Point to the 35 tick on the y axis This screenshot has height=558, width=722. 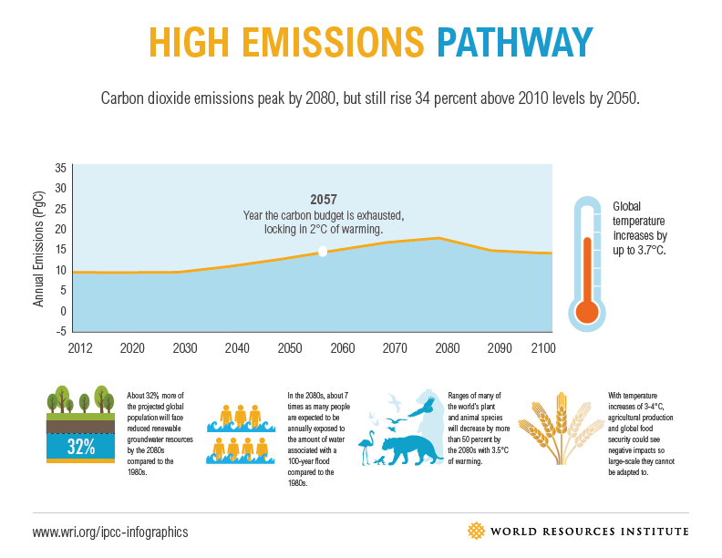pos(60,168)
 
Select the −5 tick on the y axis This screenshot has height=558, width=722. pos(60,331)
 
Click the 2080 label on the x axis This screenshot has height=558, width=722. pos(448,348)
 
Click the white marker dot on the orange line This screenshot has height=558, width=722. pos(322,252)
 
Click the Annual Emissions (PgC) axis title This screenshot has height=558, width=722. pos(39,248)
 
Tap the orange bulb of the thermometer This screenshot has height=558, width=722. pos(586,312)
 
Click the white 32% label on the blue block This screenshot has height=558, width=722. pos(81,446)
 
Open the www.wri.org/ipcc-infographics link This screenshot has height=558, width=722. pos(110,531)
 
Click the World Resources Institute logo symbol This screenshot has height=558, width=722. pos(476,531)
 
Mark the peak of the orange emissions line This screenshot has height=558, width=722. pos(439,237)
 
